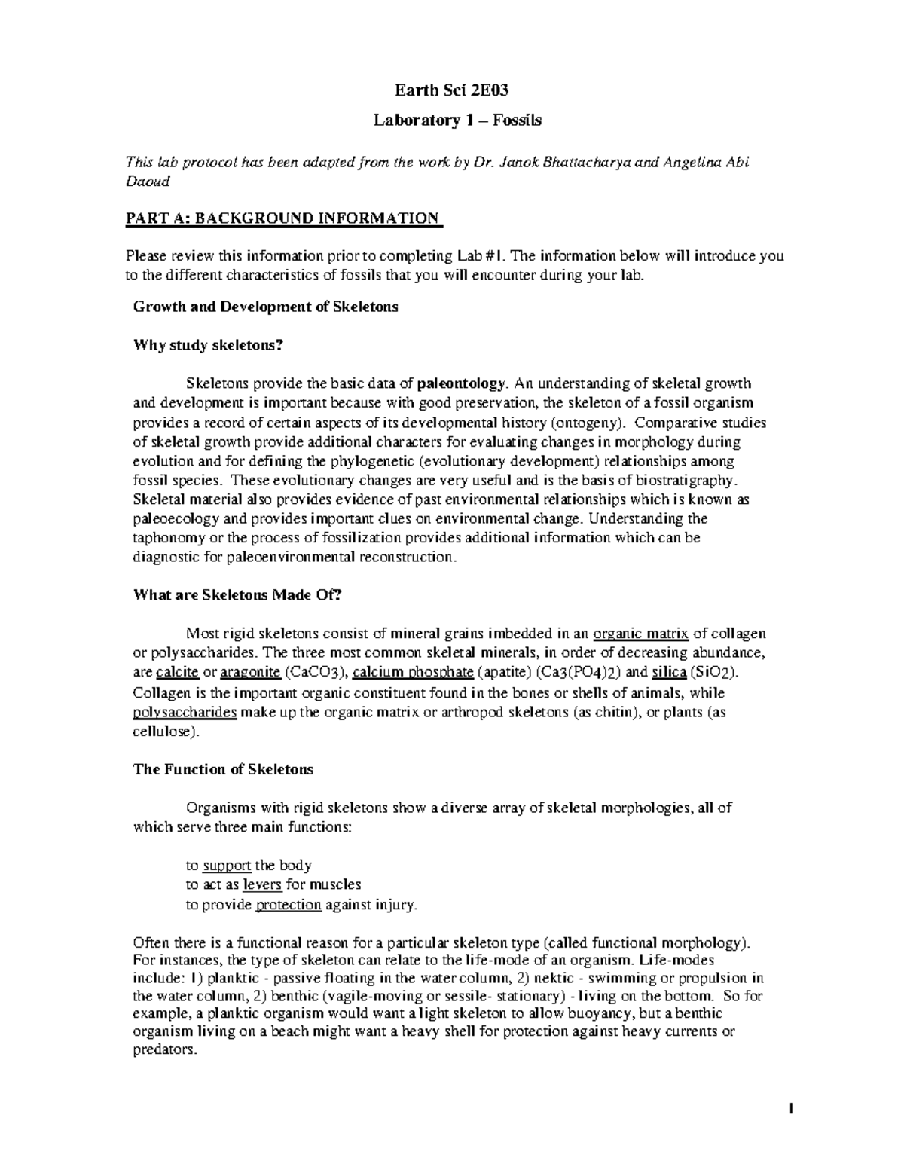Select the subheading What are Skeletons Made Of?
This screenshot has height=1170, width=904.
(x=237, y=595)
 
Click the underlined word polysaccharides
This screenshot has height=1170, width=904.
(x=185, y=712)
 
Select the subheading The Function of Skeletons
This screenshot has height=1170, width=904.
(x=223, y=769)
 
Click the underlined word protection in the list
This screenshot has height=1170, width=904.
(x=289, y=905)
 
